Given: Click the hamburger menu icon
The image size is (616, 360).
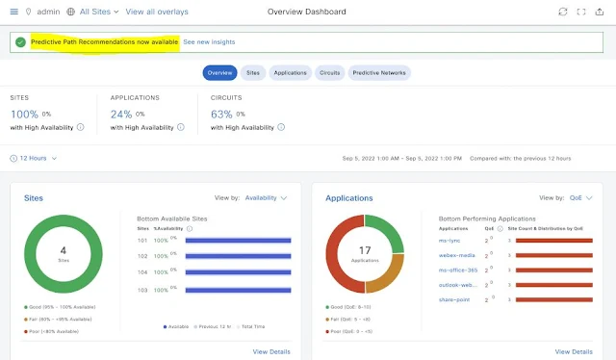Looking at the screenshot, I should click(13, 12).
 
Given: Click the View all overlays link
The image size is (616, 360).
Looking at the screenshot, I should click(157, 12).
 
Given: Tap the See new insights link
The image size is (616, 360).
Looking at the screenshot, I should click(209, 42).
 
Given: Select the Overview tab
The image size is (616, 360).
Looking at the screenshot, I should click(219, 73).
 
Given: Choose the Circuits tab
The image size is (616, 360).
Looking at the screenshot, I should click(330, 73).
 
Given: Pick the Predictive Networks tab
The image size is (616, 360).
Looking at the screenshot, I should click(379, 73).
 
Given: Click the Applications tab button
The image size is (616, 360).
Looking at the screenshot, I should click(290, 73).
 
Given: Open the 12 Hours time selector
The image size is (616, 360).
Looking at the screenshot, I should click(36, 158).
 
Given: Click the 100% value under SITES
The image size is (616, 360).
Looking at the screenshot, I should click(24, 115).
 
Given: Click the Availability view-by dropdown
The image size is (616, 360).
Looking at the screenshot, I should click(266, 198).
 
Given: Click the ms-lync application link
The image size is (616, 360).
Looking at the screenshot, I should click(450, 240).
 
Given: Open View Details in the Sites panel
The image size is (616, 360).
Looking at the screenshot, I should click(271, 351).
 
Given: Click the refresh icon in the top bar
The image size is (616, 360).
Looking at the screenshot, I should click(563, 12).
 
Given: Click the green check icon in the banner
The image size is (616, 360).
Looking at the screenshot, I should click(20, 42).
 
